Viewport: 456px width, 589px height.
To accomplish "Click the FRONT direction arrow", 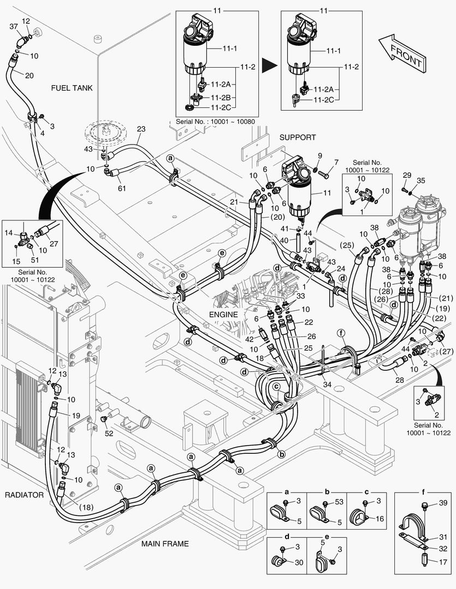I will pyautogui.click(x=401, y=53).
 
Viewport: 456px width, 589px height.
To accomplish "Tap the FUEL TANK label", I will pyautogui.click(x=72, y=87).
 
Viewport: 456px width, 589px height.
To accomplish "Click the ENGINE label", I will pyautogui.click(x=223, y=314).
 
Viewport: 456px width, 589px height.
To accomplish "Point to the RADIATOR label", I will pyautogui.click(x=24, y=495).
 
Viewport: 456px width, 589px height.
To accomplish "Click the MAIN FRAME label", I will pyautogui.click(x=165, y=543).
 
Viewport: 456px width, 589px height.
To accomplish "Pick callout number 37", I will pyautogui.click(x=14, y=26).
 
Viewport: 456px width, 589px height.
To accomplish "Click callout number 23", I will pyautogui.click(x=141, y=129).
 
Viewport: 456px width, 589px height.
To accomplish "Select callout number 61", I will pyautogui.click(x=122, y=188).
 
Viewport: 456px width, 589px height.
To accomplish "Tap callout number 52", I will pyautogui.click(x=109, y=433).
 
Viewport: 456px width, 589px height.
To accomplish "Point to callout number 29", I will pyautogui.click(x=406, y=175).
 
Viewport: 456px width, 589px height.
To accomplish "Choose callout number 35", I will pyautogui.click(x=421, y=181).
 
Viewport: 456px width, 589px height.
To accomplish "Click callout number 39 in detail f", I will pyautogui.click(x=442, y=502).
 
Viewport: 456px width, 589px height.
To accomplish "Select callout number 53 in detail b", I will pyautogui.click(x=339, y=502).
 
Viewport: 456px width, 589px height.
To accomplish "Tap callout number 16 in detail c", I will pyautogui.click(x=380, y=519).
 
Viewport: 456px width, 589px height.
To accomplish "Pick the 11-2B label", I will pyautogui.click(x=220, y=97).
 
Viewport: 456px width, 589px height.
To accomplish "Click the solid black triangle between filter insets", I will pyautogui.click(x=268, y=66).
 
